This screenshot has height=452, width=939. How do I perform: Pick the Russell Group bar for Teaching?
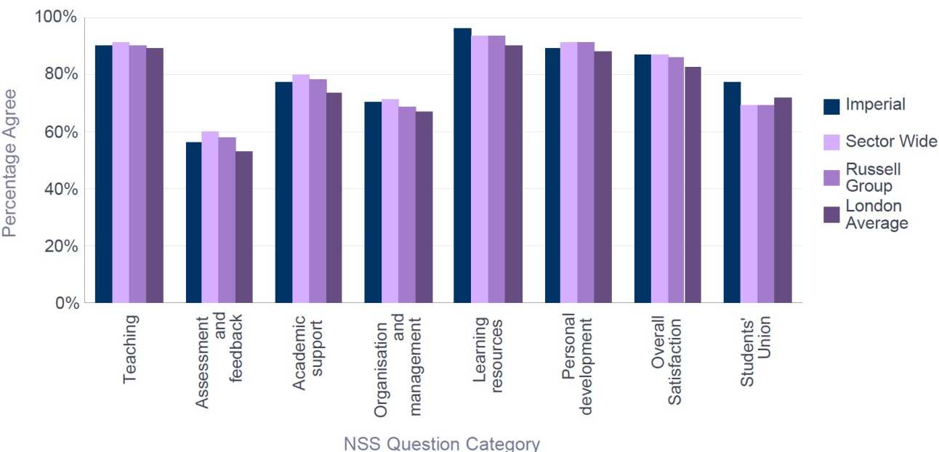[x=137, y=174]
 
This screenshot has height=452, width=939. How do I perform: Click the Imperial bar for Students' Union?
[x=732, y=193]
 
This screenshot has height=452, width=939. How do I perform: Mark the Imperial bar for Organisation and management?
[x=373, y=203]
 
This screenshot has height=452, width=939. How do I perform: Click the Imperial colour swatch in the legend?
[x=831, y=106]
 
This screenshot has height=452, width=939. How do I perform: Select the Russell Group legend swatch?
[x=831, y=177]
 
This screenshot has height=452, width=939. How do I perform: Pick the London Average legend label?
[x=876, y=215]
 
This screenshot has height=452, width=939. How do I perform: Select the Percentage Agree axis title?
[x=10, y=163]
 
